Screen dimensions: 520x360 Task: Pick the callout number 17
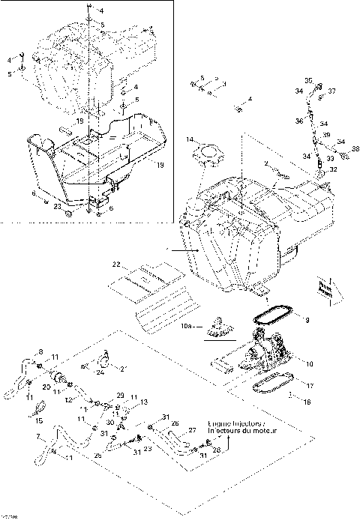310,387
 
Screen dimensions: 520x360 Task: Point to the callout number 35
307,80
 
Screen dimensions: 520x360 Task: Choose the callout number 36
298,120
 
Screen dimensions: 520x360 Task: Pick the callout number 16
305,402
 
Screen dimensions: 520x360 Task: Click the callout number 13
136,402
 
